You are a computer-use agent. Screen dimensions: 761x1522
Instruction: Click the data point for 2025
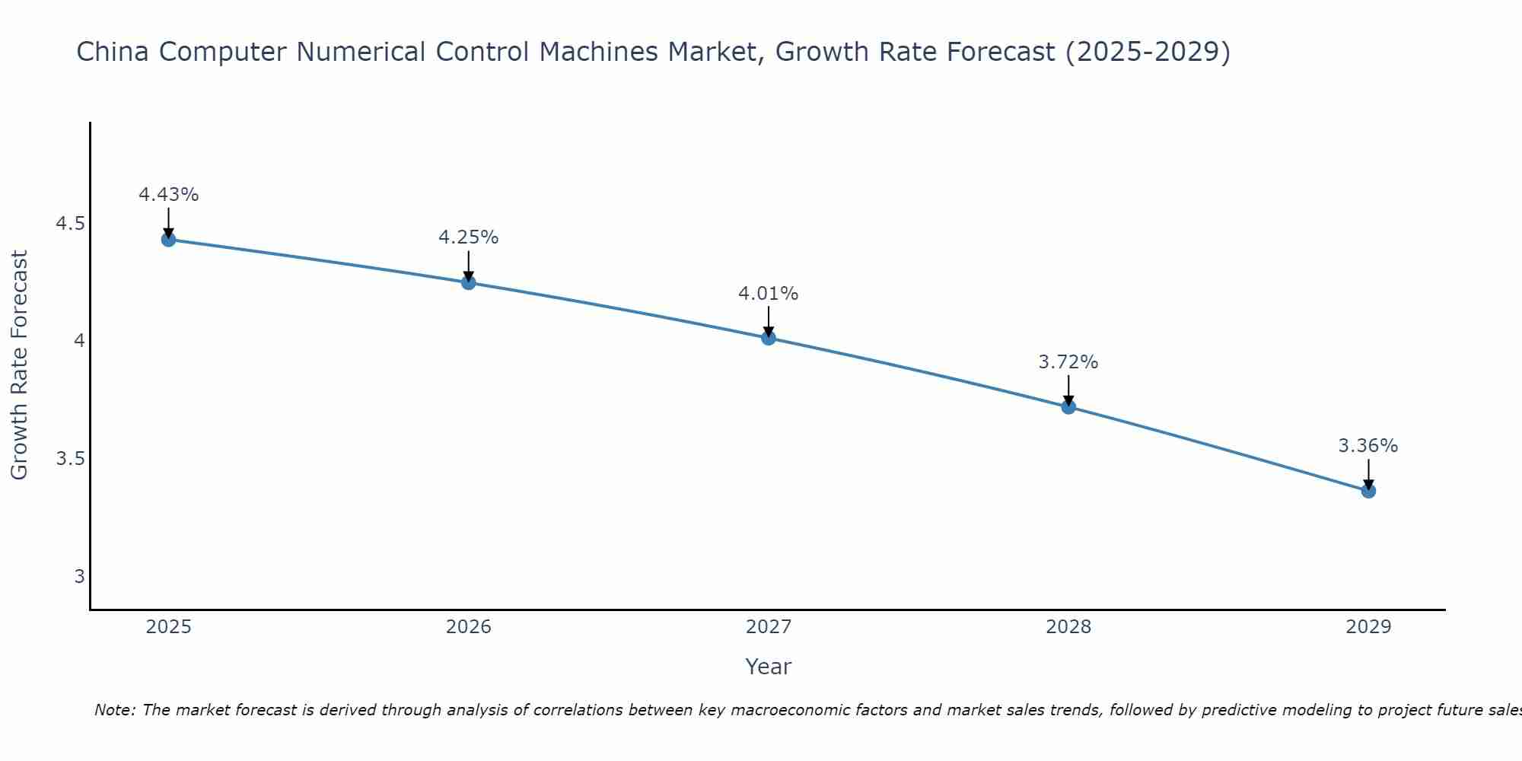point(169,240)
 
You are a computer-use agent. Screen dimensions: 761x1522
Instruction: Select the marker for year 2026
point(469,282)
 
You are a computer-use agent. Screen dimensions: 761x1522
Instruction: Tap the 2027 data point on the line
point(769,338)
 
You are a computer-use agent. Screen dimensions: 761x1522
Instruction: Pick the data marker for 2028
point(1068,406)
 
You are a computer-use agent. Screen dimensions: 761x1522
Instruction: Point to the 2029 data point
point(1368,491)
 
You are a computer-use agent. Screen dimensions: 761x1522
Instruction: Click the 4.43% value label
point(169,195)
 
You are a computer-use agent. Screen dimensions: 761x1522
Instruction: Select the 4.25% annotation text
point(469,237)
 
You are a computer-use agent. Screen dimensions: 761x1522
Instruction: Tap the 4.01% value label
point(769,294)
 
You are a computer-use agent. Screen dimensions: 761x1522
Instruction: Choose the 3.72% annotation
point(1068,362)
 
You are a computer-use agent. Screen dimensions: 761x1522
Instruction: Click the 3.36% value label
point(1368,446)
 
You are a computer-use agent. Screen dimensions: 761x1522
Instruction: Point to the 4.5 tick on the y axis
point(71,224)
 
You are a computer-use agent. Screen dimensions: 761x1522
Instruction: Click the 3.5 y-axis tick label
point(71,459)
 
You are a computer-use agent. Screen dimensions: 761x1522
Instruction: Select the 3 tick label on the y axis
point(79,577)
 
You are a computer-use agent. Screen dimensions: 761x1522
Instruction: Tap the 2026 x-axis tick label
point(469,627)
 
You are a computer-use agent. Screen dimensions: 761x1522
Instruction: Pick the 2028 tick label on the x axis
point(1068,627)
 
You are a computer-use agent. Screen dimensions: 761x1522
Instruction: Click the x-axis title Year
point(769,667)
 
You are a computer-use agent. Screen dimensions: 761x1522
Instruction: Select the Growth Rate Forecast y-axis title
point(19,365)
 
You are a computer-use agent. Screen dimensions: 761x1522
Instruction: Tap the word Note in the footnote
point(114,710)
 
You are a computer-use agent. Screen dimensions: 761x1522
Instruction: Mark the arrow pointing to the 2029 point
point(1368,473)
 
